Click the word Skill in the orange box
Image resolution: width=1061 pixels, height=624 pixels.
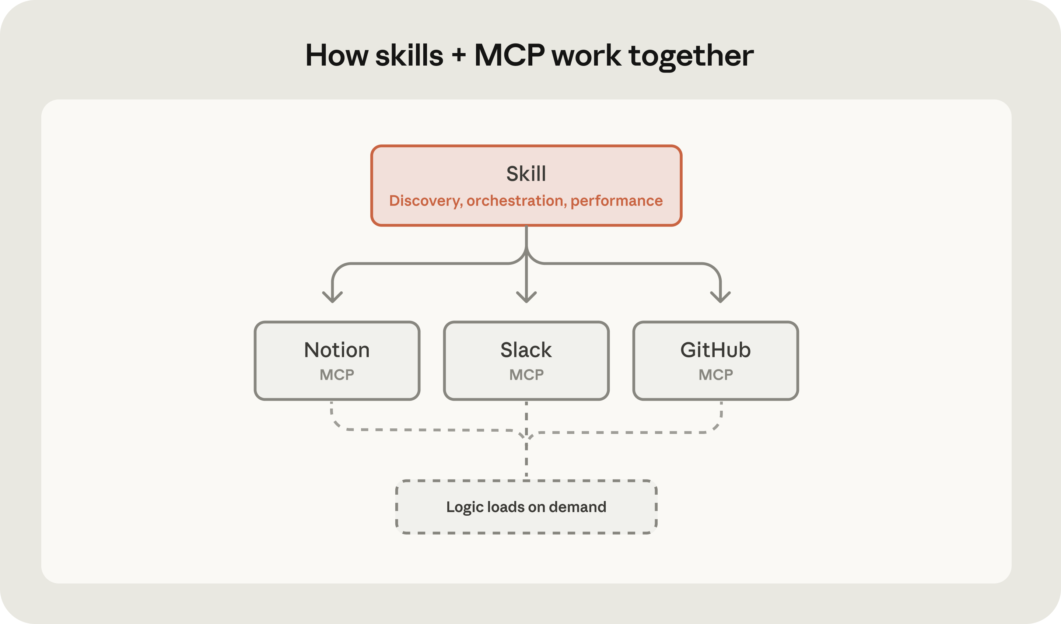pyautogui.click(x=526, y=173)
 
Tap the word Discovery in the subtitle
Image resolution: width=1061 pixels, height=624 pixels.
pyautogui.click(x=425, y=201)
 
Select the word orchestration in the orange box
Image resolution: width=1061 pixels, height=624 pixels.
pyautogui.click(x=515, y=201)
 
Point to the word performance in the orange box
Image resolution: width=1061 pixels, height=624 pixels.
pyautogui.click(x=616, y=201)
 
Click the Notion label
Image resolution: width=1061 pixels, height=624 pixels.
pyautogui.click(x=337, y=350)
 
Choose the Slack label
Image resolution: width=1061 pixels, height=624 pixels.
pyautogui.click(x=526, y=350)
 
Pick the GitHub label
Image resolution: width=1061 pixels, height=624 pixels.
pyautogui.click(x=715, y=350)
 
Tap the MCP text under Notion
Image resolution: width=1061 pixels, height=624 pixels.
pyautogui.click(x=337, y=374)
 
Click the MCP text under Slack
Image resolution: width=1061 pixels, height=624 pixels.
pyautogui.click(x=526, y=374)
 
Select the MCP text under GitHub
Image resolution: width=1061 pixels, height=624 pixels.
pyautogui.click(x=716, y=374)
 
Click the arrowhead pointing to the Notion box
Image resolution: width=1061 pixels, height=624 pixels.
pyautogui.click(x=333, y=298)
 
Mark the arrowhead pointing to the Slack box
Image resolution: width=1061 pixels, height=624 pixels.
pyautogui.click(x=526, y=298)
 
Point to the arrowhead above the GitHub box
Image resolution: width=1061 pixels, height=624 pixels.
pyautogui.click(x=720, y=298)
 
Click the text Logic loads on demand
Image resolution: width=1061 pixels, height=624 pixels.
pyautogui.click(x=526, y=507)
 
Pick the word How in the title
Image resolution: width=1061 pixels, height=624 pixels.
pyautogui.click(x=337, y=55)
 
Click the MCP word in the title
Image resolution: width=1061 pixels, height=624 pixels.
pyautogui.click(x=510, y=55)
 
